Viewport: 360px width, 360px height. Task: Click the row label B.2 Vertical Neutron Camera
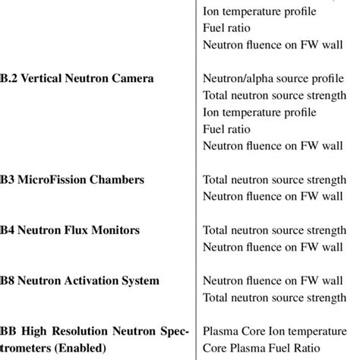77,78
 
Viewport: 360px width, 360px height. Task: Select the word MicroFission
50,180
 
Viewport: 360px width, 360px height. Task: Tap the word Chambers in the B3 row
114,180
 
